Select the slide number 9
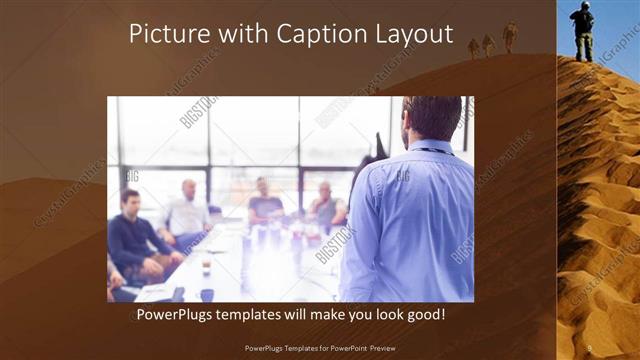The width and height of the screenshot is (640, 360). pos(590,348)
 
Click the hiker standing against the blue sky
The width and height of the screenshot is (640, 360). pos(582,30)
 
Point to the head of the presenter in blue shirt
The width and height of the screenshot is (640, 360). pos(431,119)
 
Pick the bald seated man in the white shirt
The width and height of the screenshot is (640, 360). pos(186,214)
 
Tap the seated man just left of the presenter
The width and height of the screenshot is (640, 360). pos(326,206)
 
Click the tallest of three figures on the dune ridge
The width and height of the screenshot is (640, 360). pos(510,37)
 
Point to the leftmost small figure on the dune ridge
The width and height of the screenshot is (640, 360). pos(474,47)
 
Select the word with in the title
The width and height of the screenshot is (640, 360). pos(234,35)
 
